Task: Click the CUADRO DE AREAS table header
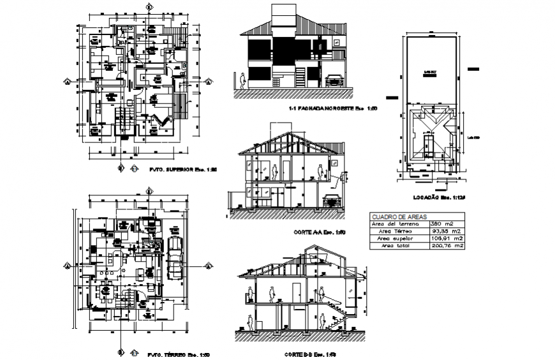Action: (390, 216)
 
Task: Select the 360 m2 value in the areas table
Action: (441, 223)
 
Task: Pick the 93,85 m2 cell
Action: (445, 230)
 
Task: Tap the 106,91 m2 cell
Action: (445, 238)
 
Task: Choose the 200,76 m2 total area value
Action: (445, 245)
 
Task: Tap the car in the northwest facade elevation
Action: (334, 80)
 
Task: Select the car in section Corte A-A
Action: (331, 200)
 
